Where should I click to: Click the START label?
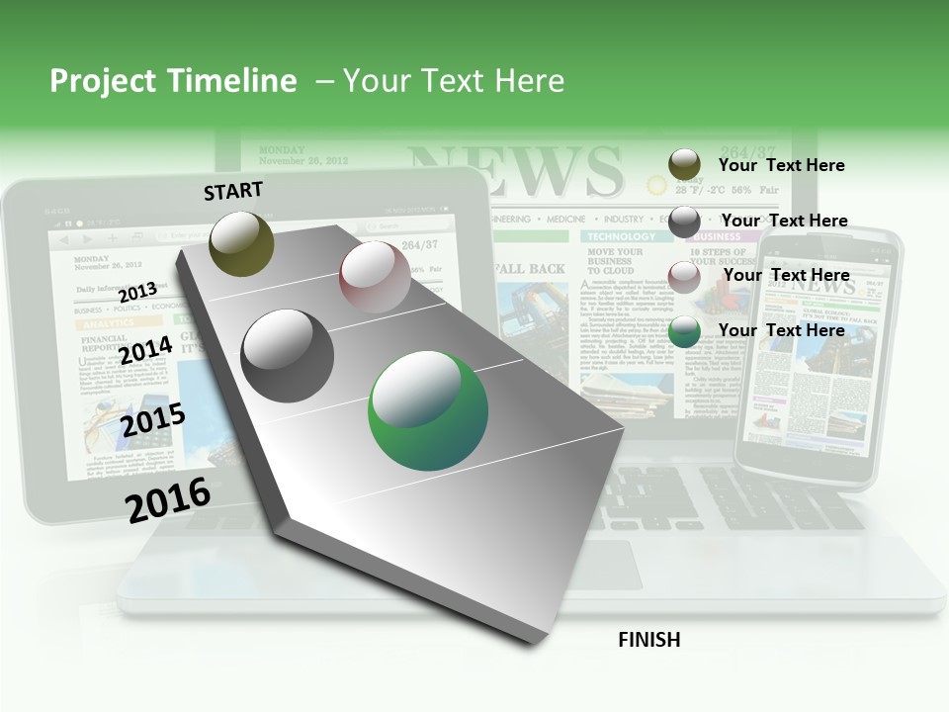(233, 191)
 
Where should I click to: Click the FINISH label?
(648, 640)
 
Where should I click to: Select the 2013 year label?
(137, 292)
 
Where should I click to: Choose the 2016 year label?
(168, 499)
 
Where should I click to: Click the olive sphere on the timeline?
(242, 243)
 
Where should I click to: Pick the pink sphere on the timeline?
(375, 277)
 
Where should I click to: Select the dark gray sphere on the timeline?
(288, 356)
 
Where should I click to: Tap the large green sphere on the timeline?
(428, 409)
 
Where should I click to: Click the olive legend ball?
(684, 165)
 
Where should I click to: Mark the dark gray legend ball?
(684, 222)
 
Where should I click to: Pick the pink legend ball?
(684, 276)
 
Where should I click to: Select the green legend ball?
(684, 331)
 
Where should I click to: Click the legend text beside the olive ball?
(781, 165)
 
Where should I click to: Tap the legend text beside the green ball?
(781, 330)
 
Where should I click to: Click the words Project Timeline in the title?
(173, 81)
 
